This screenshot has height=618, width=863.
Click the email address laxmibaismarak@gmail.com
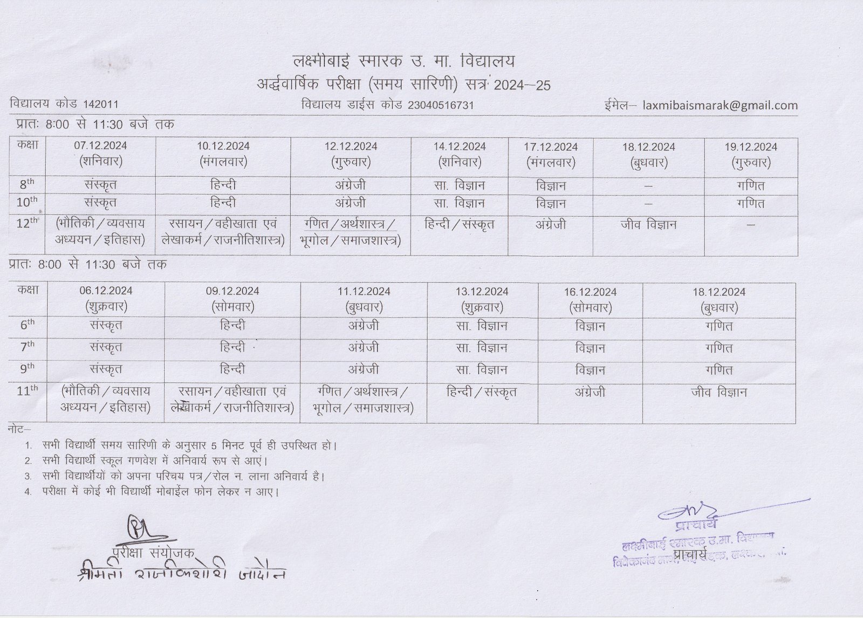pos(720,105)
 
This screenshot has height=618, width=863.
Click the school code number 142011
pos(100,105)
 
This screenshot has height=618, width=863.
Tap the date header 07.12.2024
pos(100,146)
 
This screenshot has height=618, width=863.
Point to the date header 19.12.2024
pos(751,147)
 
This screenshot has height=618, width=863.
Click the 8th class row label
pos(27,184)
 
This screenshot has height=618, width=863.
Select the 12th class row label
pos(28,223)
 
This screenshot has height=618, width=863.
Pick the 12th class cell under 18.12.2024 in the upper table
pos(648,224)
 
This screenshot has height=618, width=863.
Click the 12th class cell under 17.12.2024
pos(550,224)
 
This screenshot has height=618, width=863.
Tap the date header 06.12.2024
pos(106,291)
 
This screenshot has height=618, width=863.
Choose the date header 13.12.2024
pos(482,292)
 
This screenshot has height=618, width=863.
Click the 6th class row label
pos(28,325)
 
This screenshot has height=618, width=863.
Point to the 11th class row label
pos(28,392)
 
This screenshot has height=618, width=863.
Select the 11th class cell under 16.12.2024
pos(590,392)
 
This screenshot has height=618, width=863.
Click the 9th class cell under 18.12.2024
pos(719,370)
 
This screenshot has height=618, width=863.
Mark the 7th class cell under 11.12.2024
pos(364,348)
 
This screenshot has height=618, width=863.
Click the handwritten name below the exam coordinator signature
pos(181,573)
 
